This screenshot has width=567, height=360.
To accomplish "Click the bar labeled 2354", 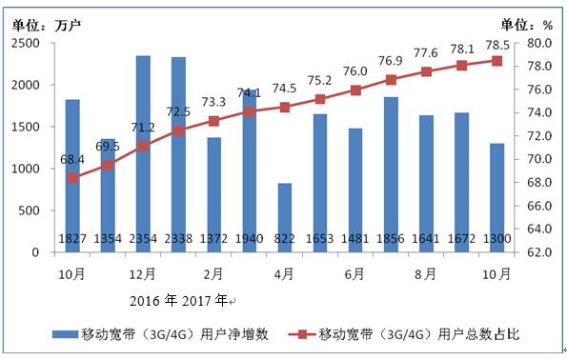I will point(143,152).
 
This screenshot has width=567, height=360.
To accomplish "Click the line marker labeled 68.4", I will point(72,178).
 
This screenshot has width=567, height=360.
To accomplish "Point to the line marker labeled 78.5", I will point(496,61).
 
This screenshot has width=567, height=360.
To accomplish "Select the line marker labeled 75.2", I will point(320,99).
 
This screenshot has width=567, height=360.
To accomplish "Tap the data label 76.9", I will point(391,59).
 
